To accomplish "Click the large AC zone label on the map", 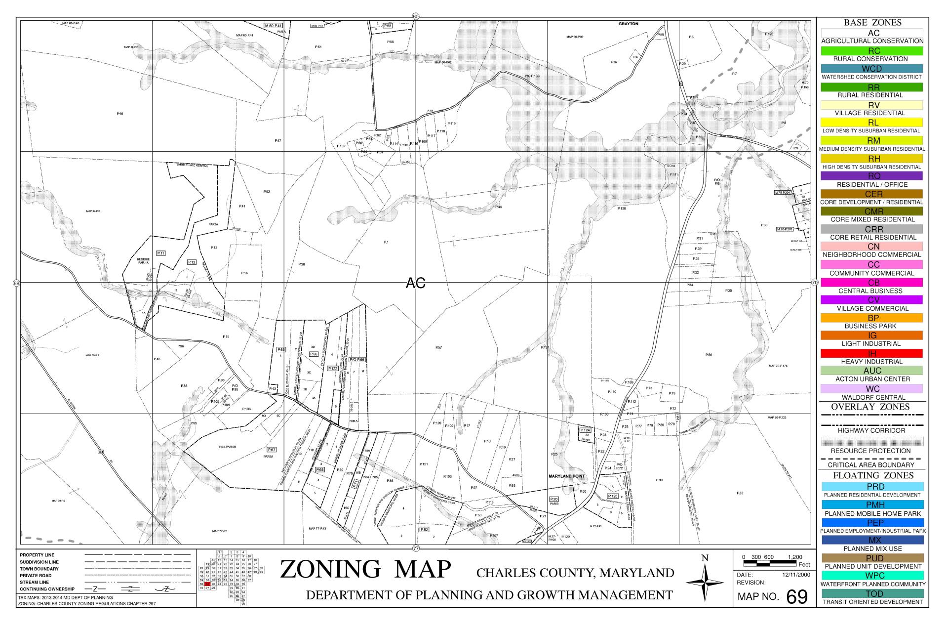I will coord(415,283).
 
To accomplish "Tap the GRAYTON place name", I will coord(628,24).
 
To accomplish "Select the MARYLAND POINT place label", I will coord(566,476).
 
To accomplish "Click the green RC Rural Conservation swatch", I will coord(872,51).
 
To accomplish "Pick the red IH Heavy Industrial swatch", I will coord(872,353).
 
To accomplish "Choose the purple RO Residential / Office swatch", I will coord(872,176).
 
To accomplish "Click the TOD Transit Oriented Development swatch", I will coord(872,593).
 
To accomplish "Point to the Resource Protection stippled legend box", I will coord(872,441).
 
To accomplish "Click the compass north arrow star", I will coord(705,582).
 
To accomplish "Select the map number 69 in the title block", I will coord(796,597).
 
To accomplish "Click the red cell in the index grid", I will coord(207,584).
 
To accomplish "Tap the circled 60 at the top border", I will coord(416,17).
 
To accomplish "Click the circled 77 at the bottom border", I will coord(416,548).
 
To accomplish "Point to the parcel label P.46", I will coord(120,114).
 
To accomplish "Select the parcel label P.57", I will coord(438,348).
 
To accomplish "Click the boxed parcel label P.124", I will coord(585,430).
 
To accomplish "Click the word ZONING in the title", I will coord(330,569).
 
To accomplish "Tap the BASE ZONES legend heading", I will coord(872,23).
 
